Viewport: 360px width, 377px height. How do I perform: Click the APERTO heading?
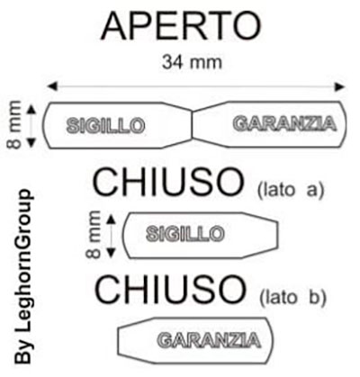pyautogui.click(x=182, y=25)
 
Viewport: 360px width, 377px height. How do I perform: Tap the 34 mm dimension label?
pyautogui.click(x=192, y=62)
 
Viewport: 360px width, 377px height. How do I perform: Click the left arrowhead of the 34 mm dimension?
pyautogui.click(x=52, y=86)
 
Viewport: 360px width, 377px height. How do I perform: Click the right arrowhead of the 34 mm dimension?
pyautogui.click(x=340, y=86)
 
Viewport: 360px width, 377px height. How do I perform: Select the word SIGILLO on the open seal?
pyautogui.click(x=106, y=125)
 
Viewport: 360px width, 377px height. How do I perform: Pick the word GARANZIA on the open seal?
pyautogui.click(x=284, y=123)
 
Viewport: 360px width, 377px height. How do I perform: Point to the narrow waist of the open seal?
pyautogui.click(x=192, y=125)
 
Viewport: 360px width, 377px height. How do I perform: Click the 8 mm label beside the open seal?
pyautogui.click(x=14, y=125)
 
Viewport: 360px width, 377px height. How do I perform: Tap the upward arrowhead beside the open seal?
pyautogui.click(x=31, y=109)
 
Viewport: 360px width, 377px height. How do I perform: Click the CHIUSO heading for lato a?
pyautogui.click(x=168, y=182)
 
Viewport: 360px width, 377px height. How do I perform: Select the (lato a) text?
pyautogui.click(x=291, y=190)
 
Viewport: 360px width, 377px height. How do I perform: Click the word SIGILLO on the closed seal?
pyautogui.click(x=185, y=234)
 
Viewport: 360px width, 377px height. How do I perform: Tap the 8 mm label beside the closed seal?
pyautogui.click(x=93, y=235)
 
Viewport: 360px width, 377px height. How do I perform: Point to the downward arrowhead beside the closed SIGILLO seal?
pyautogui.click(x=111, y=254)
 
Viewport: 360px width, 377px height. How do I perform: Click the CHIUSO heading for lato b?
pyautogui.click(x=170, y=290)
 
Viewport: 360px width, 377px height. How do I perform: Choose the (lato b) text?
pyautogui.click(x=292, y=297)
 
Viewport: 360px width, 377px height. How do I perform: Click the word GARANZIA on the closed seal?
pyautogui.click(x=209, y=340)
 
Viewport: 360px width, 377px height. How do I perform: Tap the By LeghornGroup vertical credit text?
pyautogui.click(x=23, y=276)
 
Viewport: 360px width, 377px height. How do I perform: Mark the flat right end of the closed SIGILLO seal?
pyautogui.click(x=277, y=236)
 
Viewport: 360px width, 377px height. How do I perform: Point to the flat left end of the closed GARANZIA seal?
pyautogui.click(x=119, y=341)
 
